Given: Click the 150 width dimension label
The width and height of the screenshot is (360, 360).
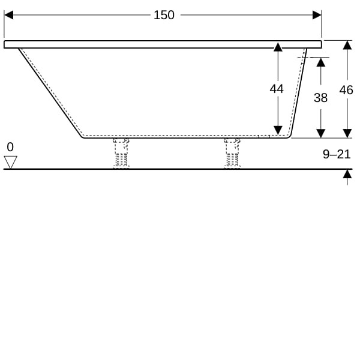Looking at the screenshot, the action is [164, 16].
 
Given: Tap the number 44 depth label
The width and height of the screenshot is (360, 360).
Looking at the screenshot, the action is [277, 89].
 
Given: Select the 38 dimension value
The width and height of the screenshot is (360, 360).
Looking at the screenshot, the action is [320, 98].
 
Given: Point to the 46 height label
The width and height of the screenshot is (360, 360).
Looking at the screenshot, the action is [346, 90].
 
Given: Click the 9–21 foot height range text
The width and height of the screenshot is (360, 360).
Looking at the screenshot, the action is [337, 154].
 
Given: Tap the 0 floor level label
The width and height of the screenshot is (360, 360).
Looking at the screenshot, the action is [10, 147].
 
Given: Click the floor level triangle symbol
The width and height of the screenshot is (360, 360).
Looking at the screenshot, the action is [11, 163].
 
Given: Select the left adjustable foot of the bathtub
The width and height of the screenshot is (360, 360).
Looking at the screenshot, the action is [121, 153].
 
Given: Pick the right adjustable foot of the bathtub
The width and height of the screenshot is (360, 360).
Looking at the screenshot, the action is [232, 153].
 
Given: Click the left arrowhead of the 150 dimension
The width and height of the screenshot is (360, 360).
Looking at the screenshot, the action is [8, 15].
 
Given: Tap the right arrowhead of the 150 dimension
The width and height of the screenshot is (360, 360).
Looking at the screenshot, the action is [317, 15].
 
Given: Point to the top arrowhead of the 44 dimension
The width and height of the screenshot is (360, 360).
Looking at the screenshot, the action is [278, 47].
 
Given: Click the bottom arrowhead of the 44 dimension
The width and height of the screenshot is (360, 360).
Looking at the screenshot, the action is [278, 130].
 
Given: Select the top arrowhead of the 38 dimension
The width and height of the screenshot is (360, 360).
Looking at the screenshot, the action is [321, 62].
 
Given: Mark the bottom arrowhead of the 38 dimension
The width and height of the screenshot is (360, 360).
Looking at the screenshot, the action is [321, 133].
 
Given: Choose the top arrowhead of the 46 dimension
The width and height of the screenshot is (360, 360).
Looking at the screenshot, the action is [347, 45].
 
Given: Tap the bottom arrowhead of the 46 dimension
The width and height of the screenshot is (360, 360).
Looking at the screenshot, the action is [347, 133].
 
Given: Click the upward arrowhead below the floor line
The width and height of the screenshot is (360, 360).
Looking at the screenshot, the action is [347, 174].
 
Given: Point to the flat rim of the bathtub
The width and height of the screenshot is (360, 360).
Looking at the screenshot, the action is [163, 44].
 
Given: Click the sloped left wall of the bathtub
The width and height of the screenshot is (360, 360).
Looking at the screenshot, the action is [50, 93].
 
